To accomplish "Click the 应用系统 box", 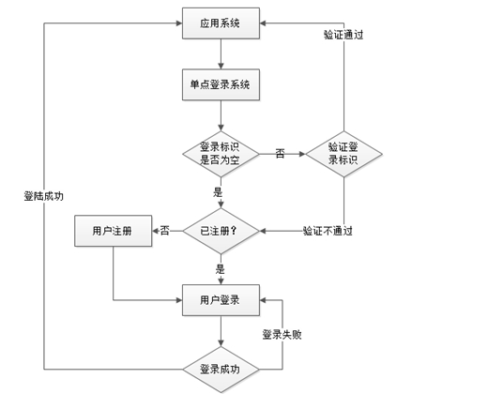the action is point(221,23).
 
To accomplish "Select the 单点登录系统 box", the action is point(221,84).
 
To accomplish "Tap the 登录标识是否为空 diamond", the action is point(221,154).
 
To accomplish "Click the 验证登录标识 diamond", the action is point(343,154).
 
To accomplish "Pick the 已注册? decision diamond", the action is point(221,231).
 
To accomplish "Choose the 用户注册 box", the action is point(114,231).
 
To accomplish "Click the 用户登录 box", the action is point(221,300).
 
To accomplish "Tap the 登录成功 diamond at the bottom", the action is point(221,370).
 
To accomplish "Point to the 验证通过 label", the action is point(343,35).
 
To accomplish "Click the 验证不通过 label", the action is point(328,231).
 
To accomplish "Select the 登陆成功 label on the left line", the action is point(44,196).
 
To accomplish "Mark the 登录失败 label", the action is point(282,335).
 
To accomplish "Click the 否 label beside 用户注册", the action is point(165,231).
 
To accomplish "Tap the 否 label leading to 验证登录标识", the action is point(280,154).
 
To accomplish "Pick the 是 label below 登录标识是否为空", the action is point(218,192).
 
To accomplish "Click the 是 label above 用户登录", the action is point(221,269).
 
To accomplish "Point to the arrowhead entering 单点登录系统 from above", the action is point(221,66).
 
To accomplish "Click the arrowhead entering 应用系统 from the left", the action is point(179,23).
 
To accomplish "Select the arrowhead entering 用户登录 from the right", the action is point(263,300).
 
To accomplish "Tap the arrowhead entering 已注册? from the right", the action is point(263,231).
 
